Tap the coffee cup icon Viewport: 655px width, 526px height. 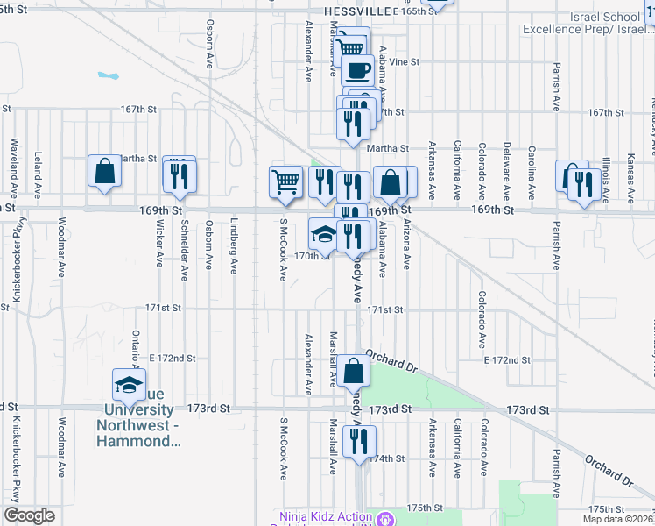[x=357, y=70]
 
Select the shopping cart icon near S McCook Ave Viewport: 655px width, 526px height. [x=285, y=181]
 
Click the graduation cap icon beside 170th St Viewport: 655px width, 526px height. [x=323, y=233]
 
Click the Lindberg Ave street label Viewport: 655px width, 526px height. [x=234, y=245]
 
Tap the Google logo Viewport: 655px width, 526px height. [x=29, y=515]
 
